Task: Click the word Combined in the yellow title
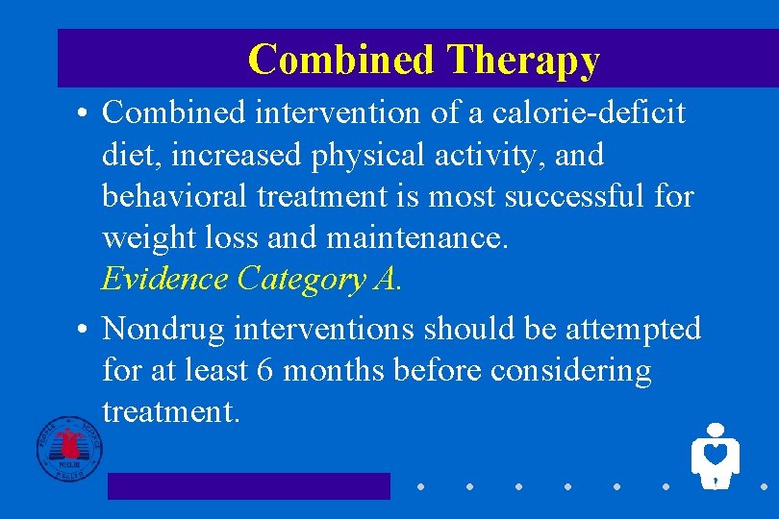click(340, 60)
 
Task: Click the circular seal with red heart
click(68, 449)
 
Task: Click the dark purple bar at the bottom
click(248, 485)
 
